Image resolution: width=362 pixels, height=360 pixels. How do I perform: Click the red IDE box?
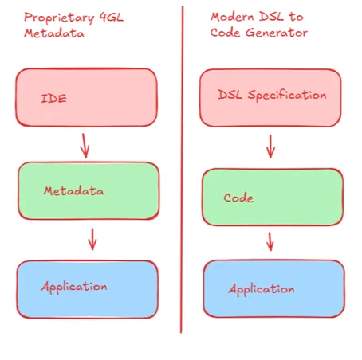coord(86,97)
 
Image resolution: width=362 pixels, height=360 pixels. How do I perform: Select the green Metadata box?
coord(88,191)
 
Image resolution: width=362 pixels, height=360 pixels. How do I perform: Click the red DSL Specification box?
coord(270,97)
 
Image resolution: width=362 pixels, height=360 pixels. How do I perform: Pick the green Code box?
coord(271,198)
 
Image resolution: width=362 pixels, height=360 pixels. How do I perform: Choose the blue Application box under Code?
coord(273,288)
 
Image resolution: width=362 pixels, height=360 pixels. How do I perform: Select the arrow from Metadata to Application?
coord(92,239)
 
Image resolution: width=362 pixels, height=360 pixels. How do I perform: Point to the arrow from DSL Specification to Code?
coord(270,146)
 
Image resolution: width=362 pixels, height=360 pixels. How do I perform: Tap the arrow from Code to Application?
coord(270,241)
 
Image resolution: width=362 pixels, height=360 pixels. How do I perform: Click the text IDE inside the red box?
coord(53,99)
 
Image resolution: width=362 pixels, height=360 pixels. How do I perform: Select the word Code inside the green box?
coord(238,198)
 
